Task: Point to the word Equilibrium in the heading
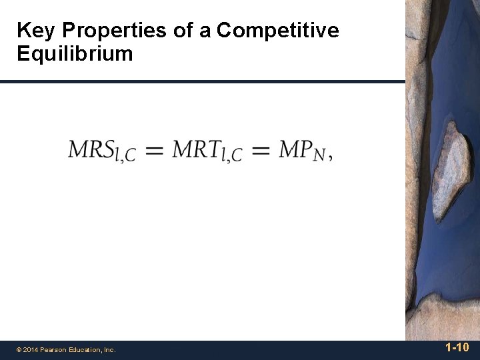click(75, 53)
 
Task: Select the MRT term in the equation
click(197, 149)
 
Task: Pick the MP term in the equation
click(295, 149)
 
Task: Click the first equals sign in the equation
click(154, 151)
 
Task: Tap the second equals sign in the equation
click(260, 151)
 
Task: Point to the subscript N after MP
click(319, 155)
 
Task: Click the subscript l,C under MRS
click(125, 156)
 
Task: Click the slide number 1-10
click(457, 347)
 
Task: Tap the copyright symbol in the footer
click(19, 349)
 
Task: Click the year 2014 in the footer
click(31, 349)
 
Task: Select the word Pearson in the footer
click(55, 349)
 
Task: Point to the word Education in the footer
click(86, 349)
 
